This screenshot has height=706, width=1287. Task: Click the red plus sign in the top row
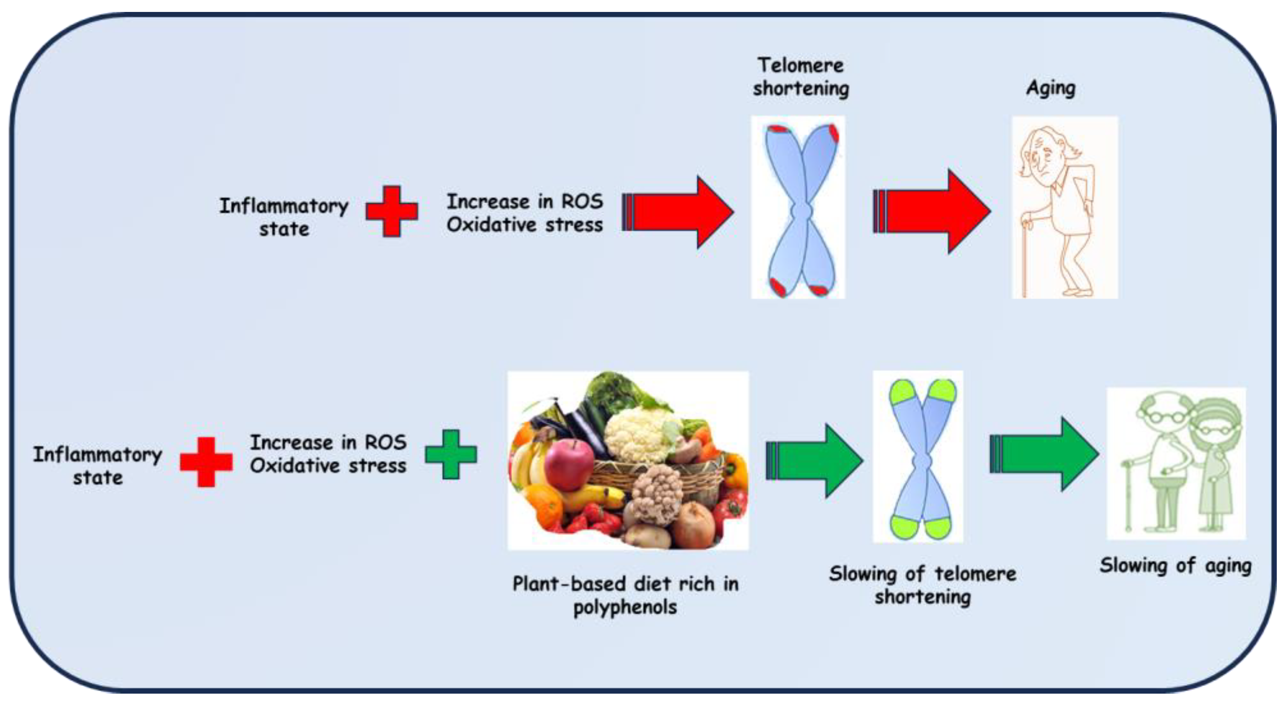click(x=391, y=211)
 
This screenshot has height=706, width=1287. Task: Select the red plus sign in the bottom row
click(x=206, y=462)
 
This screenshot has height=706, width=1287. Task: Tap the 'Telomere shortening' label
click(x=800, y=76)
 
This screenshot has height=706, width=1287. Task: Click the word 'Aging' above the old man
click(x=1050, y=88)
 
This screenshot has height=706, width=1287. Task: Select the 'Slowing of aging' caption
click(x=1175, y=566)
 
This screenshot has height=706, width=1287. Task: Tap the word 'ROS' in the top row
click(x=582, y=201)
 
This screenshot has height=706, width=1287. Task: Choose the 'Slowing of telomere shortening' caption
click(x=922, y=584)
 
